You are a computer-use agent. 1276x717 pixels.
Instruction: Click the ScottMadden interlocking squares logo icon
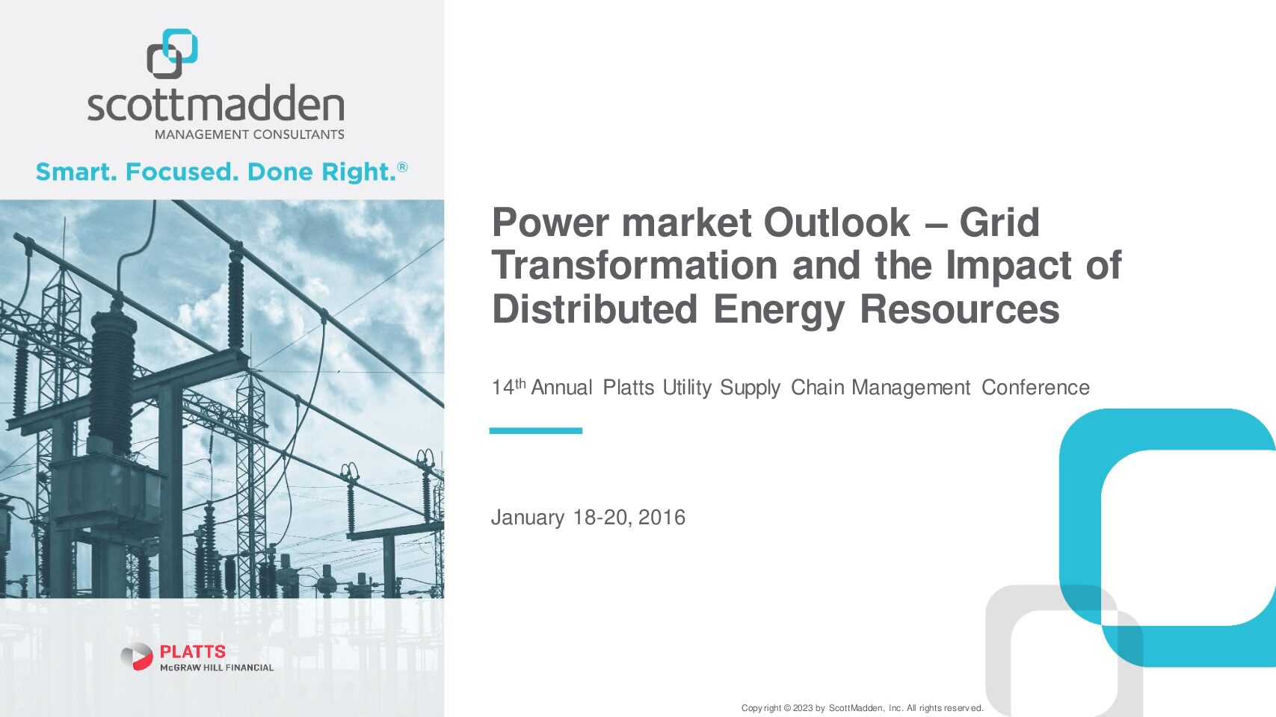(172, 54)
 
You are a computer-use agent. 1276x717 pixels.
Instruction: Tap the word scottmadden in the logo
(216, 103)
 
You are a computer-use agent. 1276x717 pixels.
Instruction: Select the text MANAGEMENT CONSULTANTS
(250, 135)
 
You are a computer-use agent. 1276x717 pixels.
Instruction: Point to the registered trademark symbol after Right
(402, 167)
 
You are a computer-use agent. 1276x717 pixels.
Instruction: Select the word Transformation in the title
(635, 265)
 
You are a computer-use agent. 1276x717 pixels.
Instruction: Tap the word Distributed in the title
(595, 309)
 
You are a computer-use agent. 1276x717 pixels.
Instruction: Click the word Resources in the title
(960, 309)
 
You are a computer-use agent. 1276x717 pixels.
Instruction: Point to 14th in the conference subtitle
(508, 387)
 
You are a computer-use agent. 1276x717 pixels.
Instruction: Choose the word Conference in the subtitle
(1035, 388)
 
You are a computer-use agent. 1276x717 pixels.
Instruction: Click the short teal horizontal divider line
(535, 431)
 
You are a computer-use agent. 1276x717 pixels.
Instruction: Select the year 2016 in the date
(662, 518)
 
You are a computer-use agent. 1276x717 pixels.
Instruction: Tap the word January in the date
(528, 518)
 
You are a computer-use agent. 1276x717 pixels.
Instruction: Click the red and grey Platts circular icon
(137, 657)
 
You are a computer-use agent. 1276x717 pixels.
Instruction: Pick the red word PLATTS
(193, 651)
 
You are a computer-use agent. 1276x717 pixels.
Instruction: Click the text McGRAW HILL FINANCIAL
(217, 668)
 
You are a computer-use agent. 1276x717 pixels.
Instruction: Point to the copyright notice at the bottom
(862, 708)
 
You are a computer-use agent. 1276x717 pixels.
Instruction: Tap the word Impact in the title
(1009, 265)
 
